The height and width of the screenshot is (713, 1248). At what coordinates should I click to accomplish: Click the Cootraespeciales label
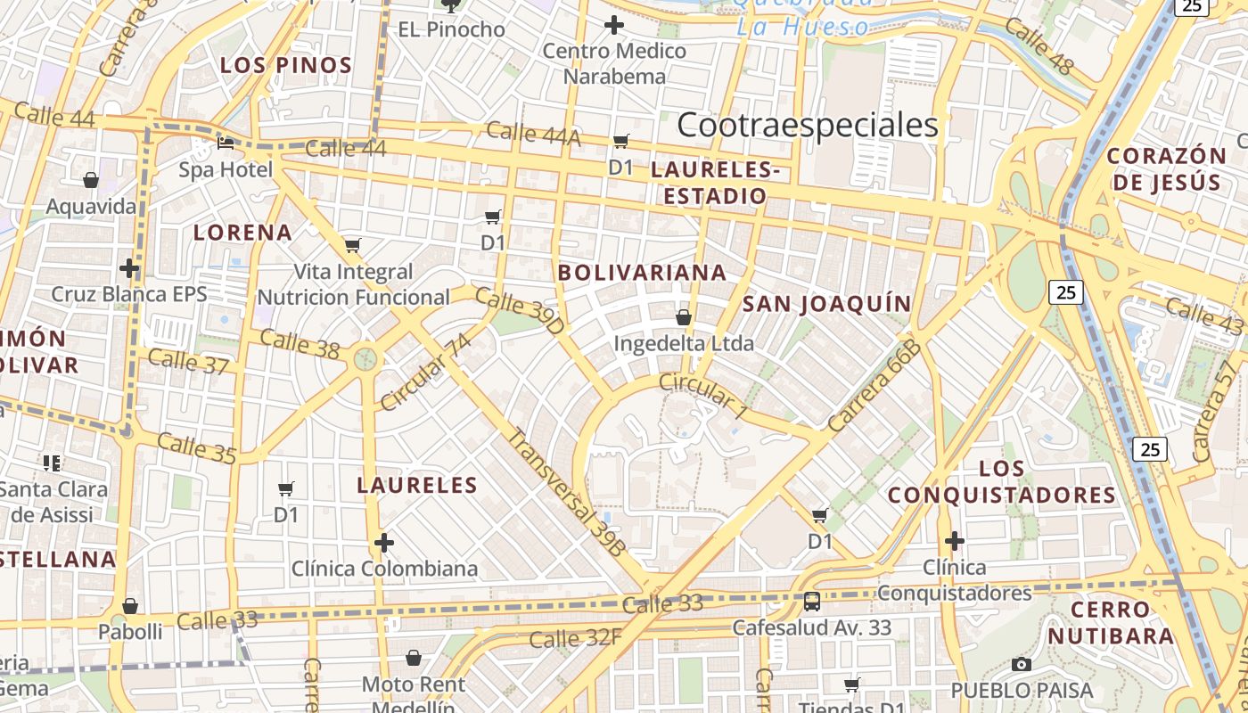[808, 126]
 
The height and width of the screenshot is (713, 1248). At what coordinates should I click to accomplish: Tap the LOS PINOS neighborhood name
[286, 65]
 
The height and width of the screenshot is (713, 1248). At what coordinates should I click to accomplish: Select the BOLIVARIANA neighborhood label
[642, 273]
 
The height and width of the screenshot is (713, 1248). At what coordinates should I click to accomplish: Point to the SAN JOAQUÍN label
[827, 304]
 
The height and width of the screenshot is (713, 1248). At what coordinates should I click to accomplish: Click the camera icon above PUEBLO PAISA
[1022, 664]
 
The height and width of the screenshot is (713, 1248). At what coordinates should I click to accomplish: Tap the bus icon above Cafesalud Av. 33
[811, 601]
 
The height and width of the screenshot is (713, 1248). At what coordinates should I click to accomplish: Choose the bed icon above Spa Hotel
[226, 143]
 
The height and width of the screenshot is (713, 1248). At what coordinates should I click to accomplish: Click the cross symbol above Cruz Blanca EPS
[129, 267]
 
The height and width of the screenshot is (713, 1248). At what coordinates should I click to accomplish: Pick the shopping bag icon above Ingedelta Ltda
[684, 316]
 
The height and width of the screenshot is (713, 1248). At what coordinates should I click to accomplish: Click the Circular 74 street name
[424, 373]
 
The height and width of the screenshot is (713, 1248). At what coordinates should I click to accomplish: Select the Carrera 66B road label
[874, 385]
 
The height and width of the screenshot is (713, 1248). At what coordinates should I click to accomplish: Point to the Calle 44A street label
[533, 134]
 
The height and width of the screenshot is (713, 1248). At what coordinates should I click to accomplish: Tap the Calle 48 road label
[1039, 46]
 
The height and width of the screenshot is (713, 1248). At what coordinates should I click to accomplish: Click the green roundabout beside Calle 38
[365, 359]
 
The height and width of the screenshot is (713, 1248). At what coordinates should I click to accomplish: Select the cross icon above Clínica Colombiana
[384, 542]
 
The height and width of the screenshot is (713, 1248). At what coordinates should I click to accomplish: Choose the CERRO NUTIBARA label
[1111, 623]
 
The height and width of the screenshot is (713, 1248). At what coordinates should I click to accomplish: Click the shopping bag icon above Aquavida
[91, 181]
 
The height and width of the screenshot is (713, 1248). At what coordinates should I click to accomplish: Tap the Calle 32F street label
[575, 639]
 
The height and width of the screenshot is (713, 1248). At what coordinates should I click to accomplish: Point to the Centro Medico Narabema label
[614, 63]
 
